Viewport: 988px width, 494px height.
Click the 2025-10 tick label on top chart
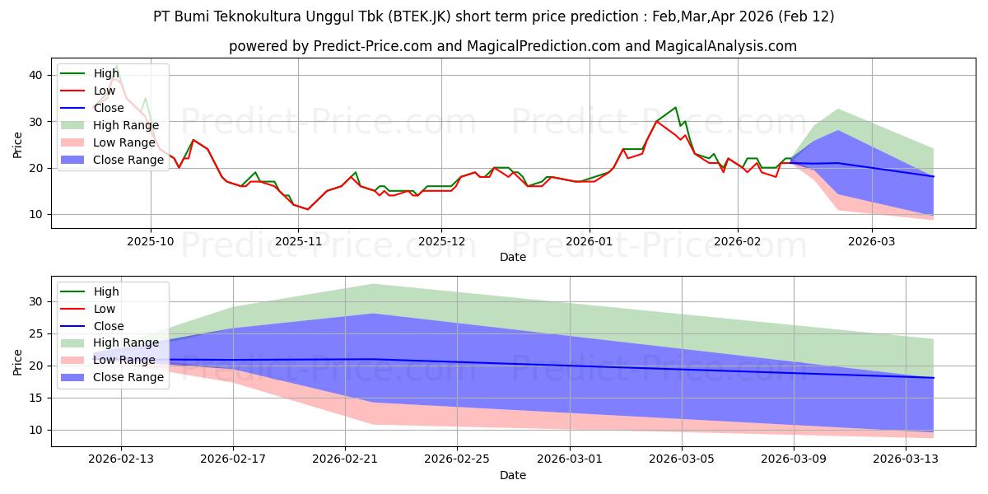151,241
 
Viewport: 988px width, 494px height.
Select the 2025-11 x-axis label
298,241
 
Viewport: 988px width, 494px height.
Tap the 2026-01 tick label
589,241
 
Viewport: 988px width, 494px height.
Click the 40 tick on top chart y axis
35,75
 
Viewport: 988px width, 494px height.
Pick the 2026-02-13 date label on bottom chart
121,459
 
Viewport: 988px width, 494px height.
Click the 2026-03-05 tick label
682,459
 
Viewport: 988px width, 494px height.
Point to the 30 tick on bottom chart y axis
35,302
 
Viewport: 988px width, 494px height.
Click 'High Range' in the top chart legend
126,125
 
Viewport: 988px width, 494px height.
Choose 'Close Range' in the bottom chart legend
128,377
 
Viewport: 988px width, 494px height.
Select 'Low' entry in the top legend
106,91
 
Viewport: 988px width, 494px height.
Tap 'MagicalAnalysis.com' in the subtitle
725,46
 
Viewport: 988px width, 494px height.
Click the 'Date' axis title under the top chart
513,257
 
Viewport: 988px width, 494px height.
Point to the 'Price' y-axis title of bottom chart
18,361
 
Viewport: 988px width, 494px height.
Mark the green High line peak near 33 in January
676,107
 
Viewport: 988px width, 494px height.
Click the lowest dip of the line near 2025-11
308,209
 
